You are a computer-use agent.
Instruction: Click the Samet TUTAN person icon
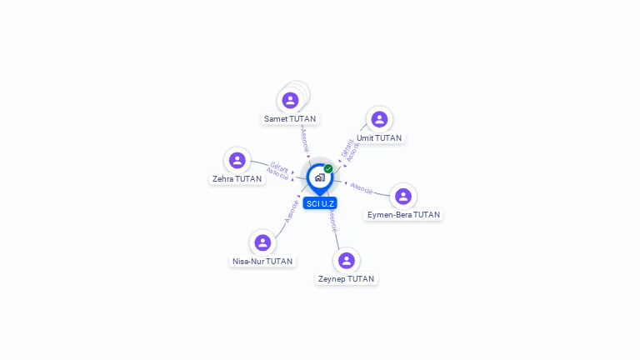pos(290,101)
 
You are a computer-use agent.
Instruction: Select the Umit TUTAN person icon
pos(379,120)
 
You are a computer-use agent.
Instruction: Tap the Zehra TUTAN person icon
pos(237,160)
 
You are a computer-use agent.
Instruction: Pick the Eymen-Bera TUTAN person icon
pos(403,197)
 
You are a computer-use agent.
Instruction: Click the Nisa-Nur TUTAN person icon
pos(262,242)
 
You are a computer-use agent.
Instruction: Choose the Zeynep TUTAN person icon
pos(347,261)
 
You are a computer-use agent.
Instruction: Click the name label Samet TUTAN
pos(290,119)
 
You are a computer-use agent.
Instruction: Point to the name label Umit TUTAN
pos(379,138)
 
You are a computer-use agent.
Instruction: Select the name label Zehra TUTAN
pos(237,178)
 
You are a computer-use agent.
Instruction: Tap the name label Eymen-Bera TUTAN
pos(404,215)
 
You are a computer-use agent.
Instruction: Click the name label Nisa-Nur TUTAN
pos(262,261)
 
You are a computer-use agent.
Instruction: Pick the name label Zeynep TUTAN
pos(347,279)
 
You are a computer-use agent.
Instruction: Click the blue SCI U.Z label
pos(320,203)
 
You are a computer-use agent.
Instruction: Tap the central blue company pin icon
pos(319,177)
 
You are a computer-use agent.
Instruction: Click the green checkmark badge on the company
pos(328,168)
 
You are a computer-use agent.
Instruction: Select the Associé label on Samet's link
pos(305,139)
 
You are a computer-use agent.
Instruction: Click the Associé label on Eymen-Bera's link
pos(362,188)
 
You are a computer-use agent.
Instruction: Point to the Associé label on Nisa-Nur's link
pos(292,210)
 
